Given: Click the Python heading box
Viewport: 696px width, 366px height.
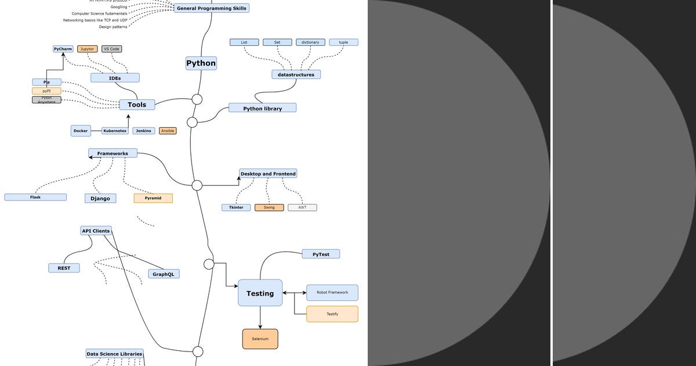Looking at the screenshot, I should point(201,63).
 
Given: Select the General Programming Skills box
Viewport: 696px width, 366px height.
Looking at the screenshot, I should point(212,8).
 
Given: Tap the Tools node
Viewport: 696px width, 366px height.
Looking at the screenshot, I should point(137,105).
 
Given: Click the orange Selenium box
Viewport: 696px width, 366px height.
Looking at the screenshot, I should point(260,339).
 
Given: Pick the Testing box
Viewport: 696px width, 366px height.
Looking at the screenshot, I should point(260,293).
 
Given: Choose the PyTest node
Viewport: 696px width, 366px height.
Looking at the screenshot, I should point(321,254).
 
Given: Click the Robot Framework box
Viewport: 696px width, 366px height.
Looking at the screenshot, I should point(332,292).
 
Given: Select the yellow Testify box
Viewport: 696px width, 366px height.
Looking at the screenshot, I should point(332,314).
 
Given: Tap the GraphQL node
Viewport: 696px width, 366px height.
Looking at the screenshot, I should point(164,274).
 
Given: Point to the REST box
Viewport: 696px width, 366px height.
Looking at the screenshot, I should point(64,268).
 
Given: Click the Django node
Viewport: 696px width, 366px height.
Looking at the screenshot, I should point(100,198).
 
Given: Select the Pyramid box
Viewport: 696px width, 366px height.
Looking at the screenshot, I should point(153,198).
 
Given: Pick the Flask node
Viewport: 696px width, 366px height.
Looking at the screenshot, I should point(35,197).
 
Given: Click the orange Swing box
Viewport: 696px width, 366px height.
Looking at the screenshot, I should point(269,207).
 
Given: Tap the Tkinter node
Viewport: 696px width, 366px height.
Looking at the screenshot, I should point(236,207).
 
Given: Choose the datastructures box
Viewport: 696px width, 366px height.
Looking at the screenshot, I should point(296,74).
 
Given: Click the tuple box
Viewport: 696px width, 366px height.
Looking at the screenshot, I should point(343,42).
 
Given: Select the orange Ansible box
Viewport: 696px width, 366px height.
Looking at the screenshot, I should point(168,131).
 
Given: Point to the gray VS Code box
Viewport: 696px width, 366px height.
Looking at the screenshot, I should point(111,49).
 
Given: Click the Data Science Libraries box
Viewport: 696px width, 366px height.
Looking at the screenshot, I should point(114,354).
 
